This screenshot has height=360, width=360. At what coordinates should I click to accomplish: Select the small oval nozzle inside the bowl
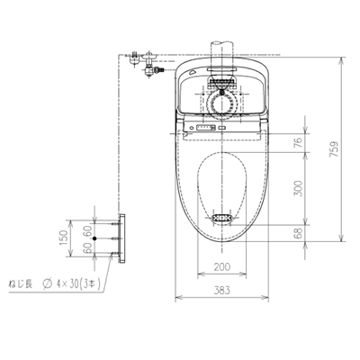(x=222, y=219)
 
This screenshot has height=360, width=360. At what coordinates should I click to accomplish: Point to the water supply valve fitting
(x=143, y=64)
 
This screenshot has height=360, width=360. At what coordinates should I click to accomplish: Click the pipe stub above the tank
(x=221, y=47)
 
